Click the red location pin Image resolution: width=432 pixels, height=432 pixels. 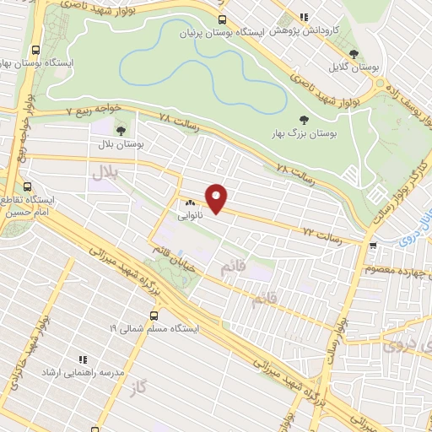pos(217,197)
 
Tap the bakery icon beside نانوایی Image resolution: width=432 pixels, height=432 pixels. pos(189,202)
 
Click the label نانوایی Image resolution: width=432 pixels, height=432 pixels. pos(189,215)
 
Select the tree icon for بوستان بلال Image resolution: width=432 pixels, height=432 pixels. pos(121,131)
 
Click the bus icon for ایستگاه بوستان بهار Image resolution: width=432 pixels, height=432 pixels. pos(35,49)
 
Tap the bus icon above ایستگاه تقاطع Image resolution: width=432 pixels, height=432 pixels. pos(28,186)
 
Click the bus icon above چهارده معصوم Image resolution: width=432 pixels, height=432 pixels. pos(373,246)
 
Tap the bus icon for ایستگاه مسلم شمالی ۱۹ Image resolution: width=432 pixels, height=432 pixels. pos(153,315)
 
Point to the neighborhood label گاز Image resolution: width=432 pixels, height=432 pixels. pos(140,387)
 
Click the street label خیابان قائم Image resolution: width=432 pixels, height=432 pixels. pos(170,246)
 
